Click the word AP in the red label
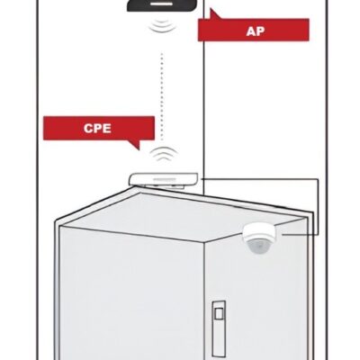click(x=255, y=31)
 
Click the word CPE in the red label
click(x=97, y=129)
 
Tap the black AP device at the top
click(x=163, y=5)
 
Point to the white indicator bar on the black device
click(x=161, y=4)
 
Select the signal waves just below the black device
click(x=162, y=25)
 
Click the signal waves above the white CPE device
click(x=164, y=154)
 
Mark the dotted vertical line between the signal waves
click(x=162, y=96)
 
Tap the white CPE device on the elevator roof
click(x=164, y=179)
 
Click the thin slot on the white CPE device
click(x=164, y=179)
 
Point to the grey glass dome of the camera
click(x=258, y=246)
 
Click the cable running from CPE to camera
click(x=318, y=207)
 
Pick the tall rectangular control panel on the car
click(x=219, y=328)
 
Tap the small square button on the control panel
click(x=219, y=314)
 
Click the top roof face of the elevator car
click(x=180, y=217)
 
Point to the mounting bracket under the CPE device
click(x=165, y=186)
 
